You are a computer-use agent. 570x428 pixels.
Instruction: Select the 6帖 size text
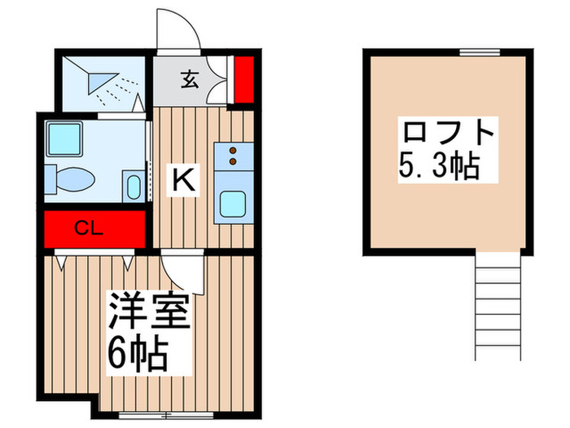138,353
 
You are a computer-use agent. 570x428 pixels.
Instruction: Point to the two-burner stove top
234,155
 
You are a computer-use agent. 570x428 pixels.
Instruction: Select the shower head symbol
103,80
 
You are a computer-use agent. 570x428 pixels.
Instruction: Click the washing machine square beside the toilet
63,139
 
